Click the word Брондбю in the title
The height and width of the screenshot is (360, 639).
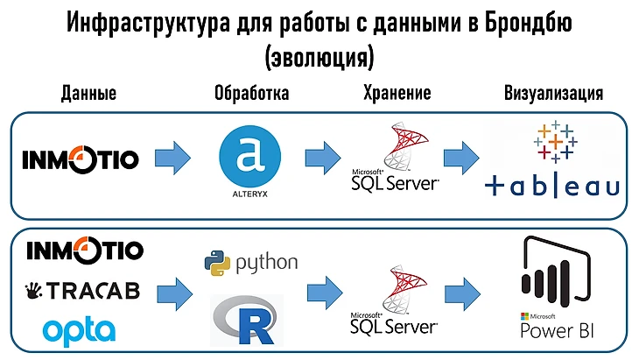tap(526, 23)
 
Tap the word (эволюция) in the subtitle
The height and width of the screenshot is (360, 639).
tap(319, 57)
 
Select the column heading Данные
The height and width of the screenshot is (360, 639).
tap(88, 95)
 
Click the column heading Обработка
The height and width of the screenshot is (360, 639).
tap(251, 95)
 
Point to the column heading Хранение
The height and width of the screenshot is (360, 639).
tap(396, 95)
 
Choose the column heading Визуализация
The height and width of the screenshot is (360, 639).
tap(554, 95)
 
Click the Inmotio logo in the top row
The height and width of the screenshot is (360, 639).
tap(81, 159)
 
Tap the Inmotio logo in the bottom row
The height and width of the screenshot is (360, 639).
tap(84, 251)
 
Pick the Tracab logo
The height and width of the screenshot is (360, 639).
tap(82, 291)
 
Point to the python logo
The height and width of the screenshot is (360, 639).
tap(250, 262)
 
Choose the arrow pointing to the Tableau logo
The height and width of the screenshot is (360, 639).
tap(459, 158)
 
